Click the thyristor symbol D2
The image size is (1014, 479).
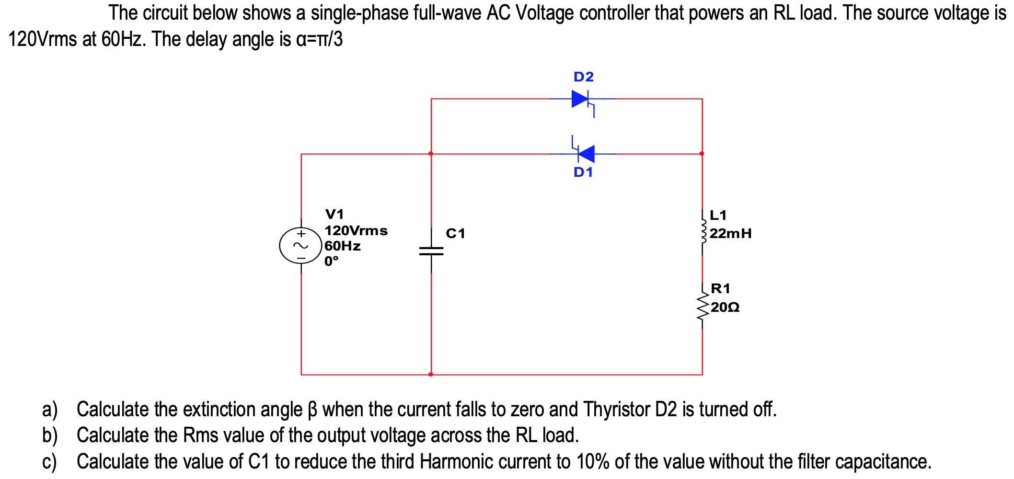[581, 99]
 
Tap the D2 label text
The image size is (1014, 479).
[584, 77]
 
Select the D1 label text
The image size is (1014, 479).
[583, 172]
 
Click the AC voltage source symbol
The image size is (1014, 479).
[301, 246]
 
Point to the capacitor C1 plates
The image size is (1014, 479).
[431, 251]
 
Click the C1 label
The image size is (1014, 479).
[455, 233]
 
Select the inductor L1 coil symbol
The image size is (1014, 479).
[703, 232]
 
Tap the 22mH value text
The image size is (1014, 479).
[730, 234]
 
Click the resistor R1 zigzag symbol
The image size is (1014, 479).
[703, 307]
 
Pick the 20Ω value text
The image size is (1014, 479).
[725, 307]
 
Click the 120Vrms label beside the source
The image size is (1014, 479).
[356, 230]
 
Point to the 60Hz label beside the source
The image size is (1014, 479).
[343, 246]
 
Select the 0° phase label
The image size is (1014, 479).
[331, 261]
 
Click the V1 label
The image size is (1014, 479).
[334, 214]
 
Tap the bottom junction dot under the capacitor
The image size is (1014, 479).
[431, 374]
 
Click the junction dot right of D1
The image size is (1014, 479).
[702, 154]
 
